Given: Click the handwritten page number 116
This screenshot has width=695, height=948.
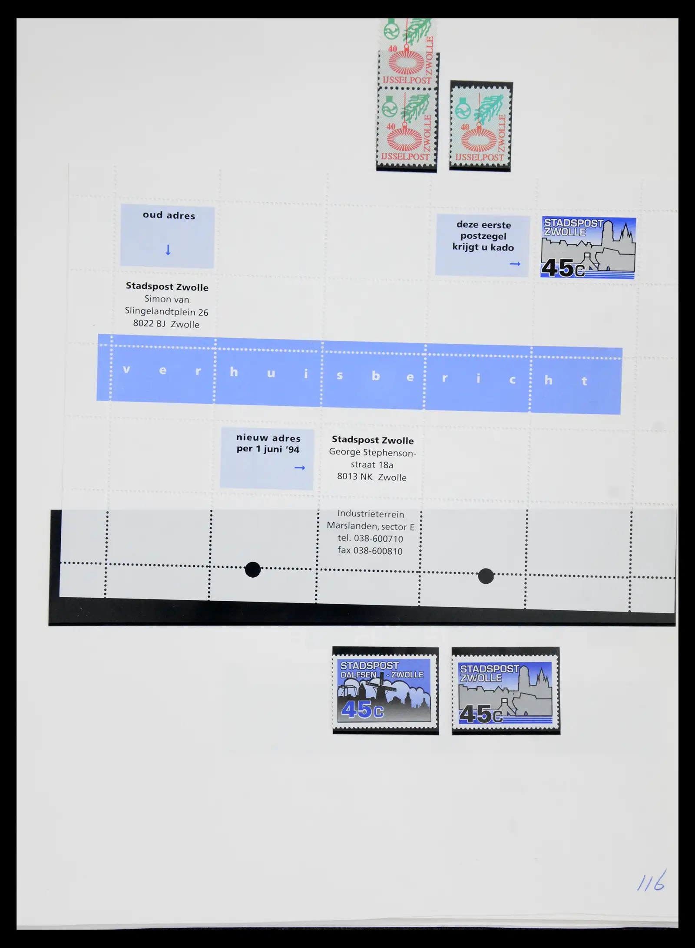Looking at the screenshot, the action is [x=651, y=881].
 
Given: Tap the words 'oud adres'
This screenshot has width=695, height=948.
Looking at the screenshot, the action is [x=169, y=215].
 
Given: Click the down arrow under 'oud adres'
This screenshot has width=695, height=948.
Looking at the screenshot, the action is [x=168, y=250].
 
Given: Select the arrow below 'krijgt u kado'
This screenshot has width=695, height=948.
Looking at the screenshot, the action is [x=515, y=264].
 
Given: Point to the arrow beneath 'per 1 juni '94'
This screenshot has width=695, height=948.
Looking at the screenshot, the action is [x=300, y=467].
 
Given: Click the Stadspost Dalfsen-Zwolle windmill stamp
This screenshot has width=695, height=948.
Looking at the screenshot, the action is [x=385, y=691].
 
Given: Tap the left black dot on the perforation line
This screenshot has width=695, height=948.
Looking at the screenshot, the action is [x=253, y=569].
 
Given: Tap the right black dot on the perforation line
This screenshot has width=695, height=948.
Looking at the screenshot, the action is [x=486, y=576].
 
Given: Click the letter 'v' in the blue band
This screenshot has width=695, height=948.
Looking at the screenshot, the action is [x=126, y=370].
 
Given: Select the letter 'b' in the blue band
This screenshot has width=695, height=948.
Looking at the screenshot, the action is [x=376, y=376].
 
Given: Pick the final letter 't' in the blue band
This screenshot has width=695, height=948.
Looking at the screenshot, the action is [x=584, y=381].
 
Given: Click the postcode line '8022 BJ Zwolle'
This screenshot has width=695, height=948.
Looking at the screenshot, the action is [x=166, y=324].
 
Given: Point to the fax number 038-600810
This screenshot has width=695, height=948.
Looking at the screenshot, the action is [x=370, y=551].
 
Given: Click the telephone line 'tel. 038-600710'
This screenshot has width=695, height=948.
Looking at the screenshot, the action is [x=371, y=539].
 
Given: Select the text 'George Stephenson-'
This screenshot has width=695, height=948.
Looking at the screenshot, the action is [x=372, y=452].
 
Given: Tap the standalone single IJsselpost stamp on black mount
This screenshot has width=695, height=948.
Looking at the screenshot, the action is [x=481, y=126].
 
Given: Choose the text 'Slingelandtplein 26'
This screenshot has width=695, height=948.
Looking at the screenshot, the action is [x=166, y=312].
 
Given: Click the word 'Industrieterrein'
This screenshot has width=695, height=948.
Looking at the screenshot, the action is [x=371, y=514].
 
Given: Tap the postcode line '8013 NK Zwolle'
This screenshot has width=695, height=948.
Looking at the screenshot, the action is [x=372, y=477].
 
